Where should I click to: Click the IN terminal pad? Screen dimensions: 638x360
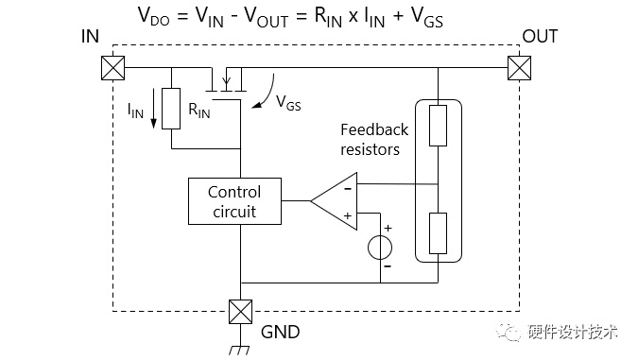point(112,67)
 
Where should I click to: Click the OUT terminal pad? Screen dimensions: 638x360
point(519,67)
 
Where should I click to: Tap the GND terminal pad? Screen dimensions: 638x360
point(240,312)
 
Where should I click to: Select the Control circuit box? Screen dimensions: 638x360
point(234,201)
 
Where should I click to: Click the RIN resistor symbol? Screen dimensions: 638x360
point(171,109)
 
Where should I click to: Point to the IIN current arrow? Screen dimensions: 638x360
point(153,109)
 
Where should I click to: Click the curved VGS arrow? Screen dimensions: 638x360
point(266,94)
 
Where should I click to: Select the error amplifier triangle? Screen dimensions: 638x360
point(334,201)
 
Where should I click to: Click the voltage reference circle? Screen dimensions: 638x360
point(380,248)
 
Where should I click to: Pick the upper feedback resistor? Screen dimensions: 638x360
point(438,126)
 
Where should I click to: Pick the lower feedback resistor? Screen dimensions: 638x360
point(438,233)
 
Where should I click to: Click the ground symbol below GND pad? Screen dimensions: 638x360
point(240,350)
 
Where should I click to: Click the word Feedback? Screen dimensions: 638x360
point(374,129)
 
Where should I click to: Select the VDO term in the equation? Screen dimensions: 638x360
point(153,16)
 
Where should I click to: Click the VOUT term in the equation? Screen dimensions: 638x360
point(267,17)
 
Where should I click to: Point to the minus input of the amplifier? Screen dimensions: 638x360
point(348,188)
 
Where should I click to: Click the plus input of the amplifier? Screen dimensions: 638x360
point(348,215)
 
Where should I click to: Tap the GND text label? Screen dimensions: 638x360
point(281,332)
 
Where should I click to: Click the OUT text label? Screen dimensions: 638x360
point(540,36)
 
